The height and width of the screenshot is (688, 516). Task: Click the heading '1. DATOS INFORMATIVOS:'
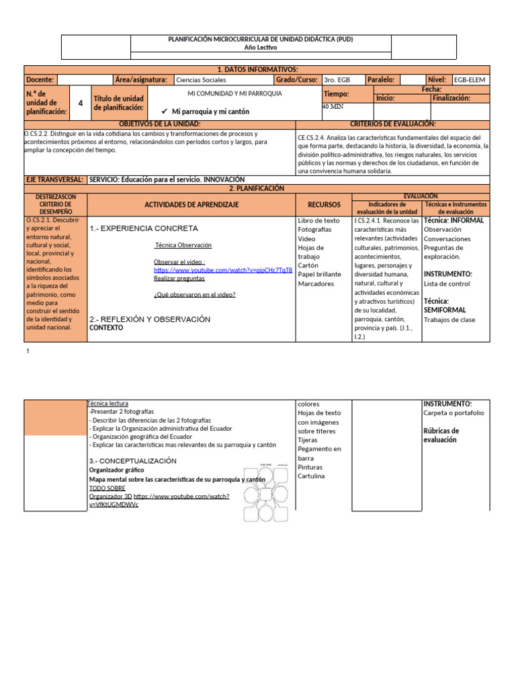(x=257, y=70)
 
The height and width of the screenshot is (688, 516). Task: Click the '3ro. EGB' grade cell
(x=337, y=79)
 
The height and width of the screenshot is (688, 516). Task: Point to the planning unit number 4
(x=81, y=103)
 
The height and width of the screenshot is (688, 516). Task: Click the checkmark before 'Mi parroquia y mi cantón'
(x=164, y=112)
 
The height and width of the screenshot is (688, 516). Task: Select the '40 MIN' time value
(x=334, y=107)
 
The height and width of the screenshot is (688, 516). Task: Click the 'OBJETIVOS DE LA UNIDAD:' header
(x=160, y=124)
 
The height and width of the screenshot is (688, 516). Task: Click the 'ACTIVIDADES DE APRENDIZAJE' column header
(x=191, y=204)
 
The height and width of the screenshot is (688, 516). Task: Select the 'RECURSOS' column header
(x=324, y=204)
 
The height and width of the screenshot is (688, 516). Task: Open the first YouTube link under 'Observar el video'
(x=223, y=270)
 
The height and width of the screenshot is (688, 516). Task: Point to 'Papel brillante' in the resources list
(x=320, y=274)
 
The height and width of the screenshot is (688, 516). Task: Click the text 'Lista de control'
(x=447, y=284)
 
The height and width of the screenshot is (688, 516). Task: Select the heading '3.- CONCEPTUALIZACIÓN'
(x=132, y=461)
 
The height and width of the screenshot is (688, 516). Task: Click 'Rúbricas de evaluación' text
(x=441, y=435)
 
